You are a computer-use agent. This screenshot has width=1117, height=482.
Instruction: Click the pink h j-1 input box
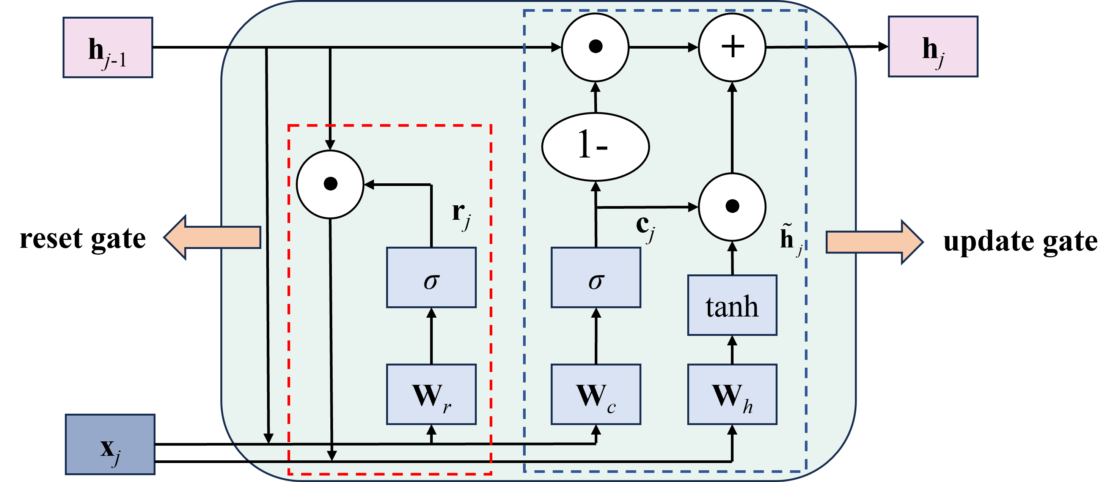(x=108, y=47)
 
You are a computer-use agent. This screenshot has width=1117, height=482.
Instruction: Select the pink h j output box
(x=933, y=46)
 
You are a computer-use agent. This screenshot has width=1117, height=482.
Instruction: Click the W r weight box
(x=431, y=394)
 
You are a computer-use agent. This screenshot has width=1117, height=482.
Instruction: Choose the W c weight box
(x=596, y=394)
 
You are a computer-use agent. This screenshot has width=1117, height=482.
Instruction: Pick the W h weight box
(x=732, y=394)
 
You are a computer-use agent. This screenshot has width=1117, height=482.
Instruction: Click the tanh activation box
(x=732, y=305)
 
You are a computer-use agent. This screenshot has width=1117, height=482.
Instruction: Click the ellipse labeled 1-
(x=595, y=146)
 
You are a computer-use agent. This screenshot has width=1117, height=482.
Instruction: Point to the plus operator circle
(x=732, y=47)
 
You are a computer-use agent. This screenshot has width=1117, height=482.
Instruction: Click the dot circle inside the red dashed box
(x=330, y=184)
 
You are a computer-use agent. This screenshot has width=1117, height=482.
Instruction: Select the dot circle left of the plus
(x=595, y=47)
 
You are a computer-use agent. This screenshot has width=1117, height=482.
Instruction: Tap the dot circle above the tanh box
(x=732, y=206)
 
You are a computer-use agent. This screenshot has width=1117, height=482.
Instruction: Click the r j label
(x=461, y=215)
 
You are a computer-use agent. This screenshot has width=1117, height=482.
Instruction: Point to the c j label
(x=645, y=228)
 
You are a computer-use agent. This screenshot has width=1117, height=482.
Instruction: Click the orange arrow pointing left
(x=212, y=237)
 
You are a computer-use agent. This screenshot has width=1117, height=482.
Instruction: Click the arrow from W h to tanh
(x=732, y=350)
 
